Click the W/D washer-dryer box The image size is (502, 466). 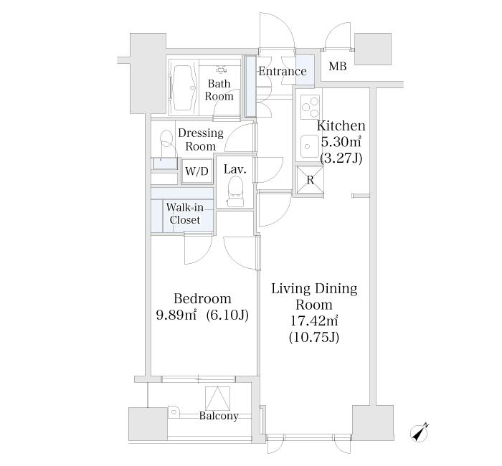pyautogui.click(x=196, y=171)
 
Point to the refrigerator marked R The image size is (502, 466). pyautogui.click(x=310, y=180)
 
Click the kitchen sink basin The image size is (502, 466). pyautogui.click(x=309, y=146)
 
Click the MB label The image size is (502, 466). pyautogui.click(x=337, y=67)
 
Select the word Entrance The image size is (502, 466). pyautogui.click(x=283, y=71)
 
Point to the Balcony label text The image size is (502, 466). pyautogui.click(x=219, y=416)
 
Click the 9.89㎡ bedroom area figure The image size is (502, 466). pyautogui.click(x=178, y=315)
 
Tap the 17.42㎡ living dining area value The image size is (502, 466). pyautogui.click(x=313, y=320)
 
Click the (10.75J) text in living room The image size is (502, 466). pyautogui.click(x=313, y=336)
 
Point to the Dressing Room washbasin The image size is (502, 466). pyautogui.click(x=166, y=141)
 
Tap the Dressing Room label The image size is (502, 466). pyautogui.click(x=201, y=140)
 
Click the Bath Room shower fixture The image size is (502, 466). pyautogui.click(x=220, y=69)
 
